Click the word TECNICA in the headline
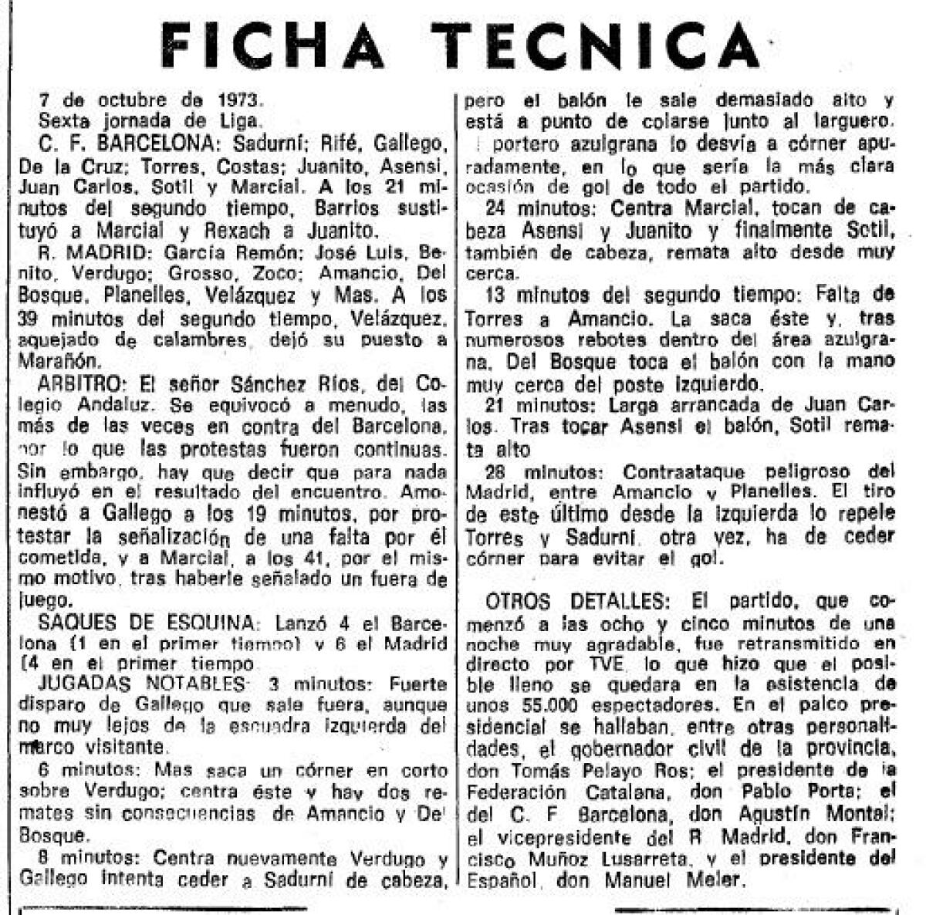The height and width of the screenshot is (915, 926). click(596, 46)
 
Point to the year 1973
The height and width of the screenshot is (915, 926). click(238, 100)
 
